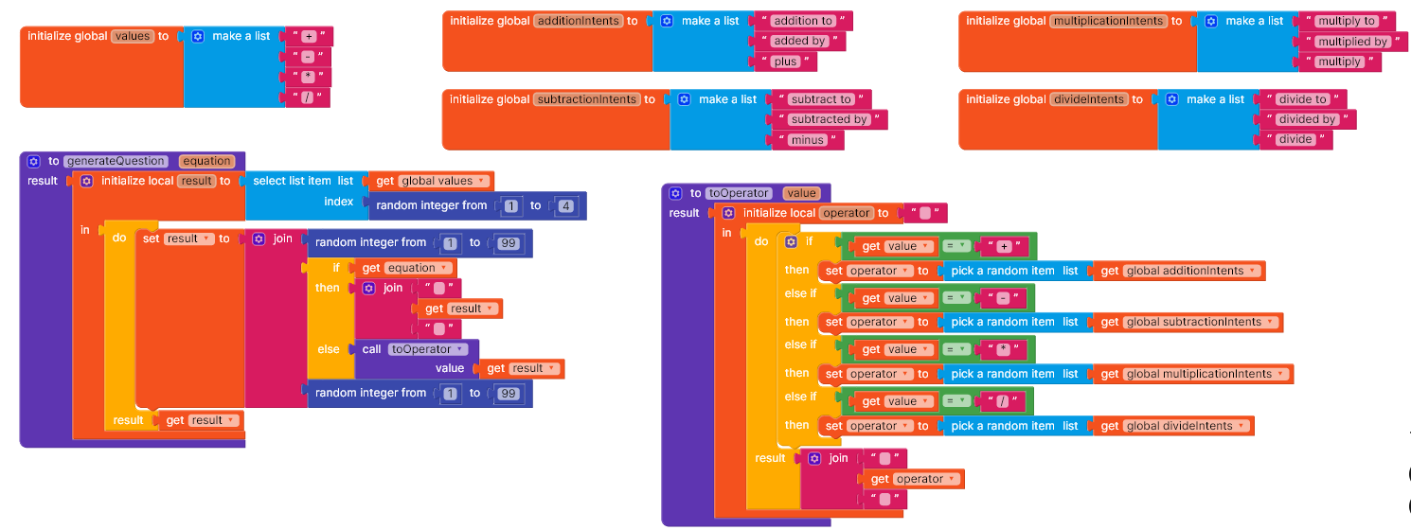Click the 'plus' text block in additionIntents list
(x=785, y=62)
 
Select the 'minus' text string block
(x=808, y=140)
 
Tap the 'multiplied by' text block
(x=1352, y=42)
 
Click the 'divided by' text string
(x=1307, y=119)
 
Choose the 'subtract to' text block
(x=821, y=98)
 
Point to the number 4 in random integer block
(x=565, y=205)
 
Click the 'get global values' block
(x=431, y=182)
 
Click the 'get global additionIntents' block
(x=1179, y=271)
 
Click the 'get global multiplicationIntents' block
(x=1193, y=374)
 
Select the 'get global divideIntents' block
(x=1173, y=426)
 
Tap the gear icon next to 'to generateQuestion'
(x=33, y=162)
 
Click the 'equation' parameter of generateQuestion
(x=206, y=161)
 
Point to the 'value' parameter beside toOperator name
(x=801, y=193)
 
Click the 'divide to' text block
(x=1302, y=98)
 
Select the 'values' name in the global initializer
(x=133, y=37)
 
